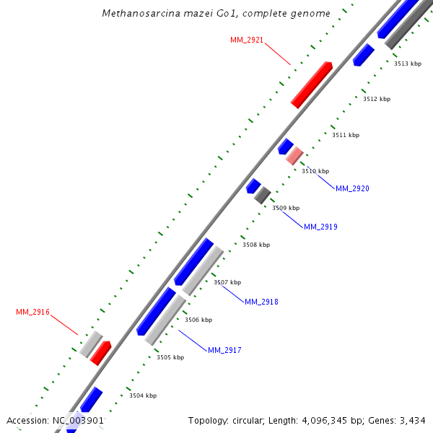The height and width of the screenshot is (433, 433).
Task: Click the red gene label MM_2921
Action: (x=247, y=39)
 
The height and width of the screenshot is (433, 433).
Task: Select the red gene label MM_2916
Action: (x=32, y=312)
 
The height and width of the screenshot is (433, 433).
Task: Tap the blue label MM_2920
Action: (x=352, y=188)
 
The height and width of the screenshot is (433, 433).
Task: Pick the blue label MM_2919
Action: (x=320, y=227)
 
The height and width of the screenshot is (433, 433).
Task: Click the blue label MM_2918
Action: (x=261, y=302)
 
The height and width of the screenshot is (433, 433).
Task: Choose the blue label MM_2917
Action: (x=224, y=350)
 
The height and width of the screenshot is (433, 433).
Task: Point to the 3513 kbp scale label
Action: (x=408, y=64)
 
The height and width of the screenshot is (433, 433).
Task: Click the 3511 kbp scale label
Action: (x=346, y=135)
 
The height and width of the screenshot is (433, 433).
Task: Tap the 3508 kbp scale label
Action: (x=256, y=245)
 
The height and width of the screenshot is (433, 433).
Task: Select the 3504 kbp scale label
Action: (x=143, y=395)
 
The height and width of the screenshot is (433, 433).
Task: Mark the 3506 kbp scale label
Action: (x=198, y=320)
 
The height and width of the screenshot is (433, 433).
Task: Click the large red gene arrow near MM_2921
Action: (x=311, y=85)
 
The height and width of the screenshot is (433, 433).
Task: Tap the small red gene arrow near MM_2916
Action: (x=100, y=352)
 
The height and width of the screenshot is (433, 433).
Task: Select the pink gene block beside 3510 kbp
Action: (x=294, y=155)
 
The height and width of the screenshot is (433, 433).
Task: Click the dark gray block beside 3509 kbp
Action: (x=263, y=195)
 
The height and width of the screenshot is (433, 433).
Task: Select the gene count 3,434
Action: (x=411, y=420)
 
